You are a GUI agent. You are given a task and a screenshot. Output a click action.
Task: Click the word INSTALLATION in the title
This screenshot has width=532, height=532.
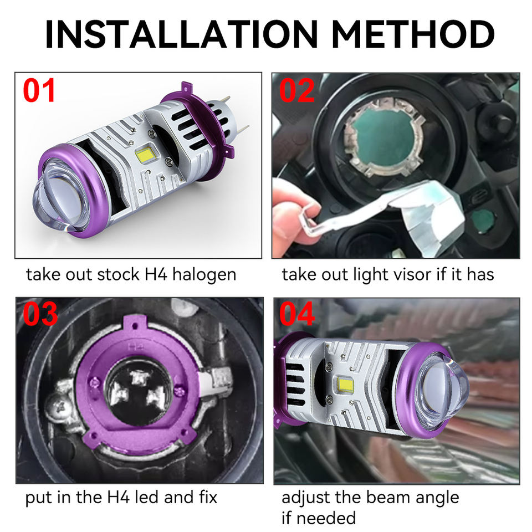click(182, 34)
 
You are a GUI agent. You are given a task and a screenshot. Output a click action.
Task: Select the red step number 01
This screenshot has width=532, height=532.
click(39, 90)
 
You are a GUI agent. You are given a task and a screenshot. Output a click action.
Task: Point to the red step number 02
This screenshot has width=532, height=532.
click(296, 90)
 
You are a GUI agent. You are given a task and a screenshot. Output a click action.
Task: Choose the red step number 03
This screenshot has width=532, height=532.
click(40, 314)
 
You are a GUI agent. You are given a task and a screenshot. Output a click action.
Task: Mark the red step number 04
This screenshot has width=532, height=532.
click(297, 314)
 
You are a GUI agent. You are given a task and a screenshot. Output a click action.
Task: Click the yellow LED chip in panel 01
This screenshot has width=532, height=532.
click(145, 155)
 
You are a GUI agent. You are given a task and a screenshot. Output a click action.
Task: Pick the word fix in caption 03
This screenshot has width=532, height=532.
click(208, 498)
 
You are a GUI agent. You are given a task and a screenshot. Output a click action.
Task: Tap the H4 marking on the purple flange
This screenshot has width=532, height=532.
click(135, 347)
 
